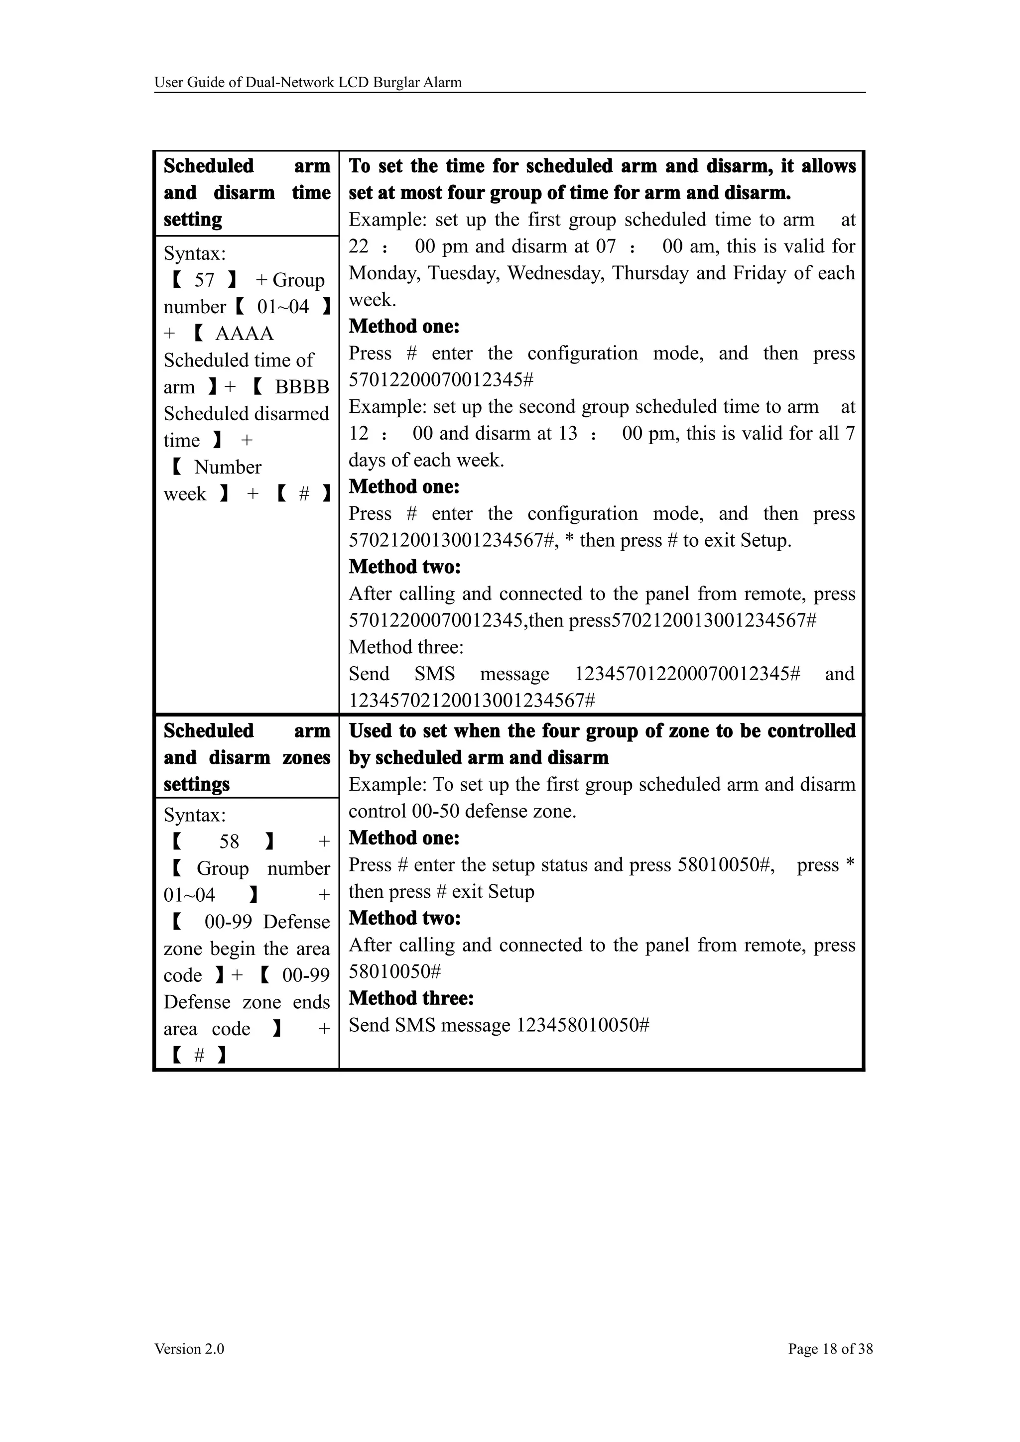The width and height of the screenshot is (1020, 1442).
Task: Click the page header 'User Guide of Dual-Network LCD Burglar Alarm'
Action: click(308, 82)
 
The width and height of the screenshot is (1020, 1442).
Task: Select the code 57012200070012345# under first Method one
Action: click(441, 379)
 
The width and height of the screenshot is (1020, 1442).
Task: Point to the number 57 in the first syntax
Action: click(204, 280)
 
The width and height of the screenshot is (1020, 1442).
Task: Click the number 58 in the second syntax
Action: click(229, 841)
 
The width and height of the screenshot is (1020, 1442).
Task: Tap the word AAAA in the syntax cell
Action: click(245, 334)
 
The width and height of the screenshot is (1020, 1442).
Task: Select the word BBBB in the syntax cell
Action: click(302, 387)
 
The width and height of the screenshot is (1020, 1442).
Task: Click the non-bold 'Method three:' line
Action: click(406, 647)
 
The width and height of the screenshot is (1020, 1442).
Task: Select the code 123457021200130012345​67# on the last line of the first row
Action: click(472, 700)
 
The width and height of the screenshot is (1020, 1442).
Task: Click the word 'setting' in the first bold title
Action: click(193, 219)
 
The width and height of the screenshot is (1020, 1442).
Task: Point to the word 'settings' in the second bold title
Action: click(197, 784)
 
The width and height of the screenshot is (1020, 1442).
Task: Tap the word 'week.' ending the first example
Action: click(373, 300)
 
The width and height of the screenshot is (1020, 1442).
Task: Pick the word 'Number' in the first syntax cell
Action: click(228, 467)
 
